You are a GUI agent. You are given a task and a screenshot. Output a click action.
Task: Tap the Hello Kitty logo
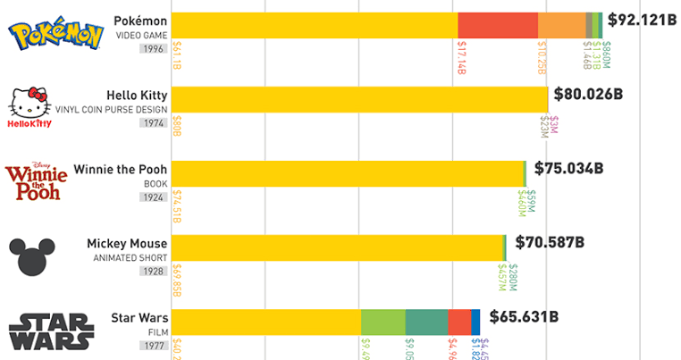point(29,108)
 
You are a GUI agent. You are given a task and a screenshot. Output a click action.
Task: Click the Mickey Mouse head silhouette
point(32,256)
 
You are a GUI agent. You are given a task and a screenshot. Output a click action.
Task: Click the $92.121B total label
point(641,18)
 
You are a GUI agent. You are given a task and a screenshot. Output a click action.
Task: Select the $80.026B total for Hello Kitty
point(588,93)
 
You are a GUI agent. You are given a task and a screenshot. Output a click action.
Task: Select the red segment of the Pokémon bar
point(497,25)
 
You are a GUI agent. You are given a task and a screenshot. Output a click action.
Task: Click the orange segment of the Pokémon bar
point(561,25)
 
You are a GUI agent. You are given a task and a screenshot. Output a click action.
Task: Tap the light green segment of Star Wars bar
point(383,322)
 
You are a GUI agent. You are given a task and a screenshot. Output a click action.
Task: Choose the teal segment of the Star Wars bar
point(426,322)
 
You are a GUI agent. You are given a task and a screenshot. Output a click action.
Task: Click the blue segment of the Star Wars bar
point(475,322)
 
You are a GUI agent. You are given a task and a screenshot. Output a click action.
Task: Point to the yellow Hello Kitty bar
point(358,99)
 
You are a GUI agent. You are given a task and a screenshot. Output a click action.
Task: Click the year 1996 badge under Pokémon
point(153,49)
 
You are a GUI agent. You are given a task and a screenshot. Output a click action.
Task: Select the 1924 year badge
point(153,197)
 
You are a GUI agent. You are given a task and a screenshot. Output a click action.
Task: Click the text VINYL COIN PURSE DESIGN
point(112,108)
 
